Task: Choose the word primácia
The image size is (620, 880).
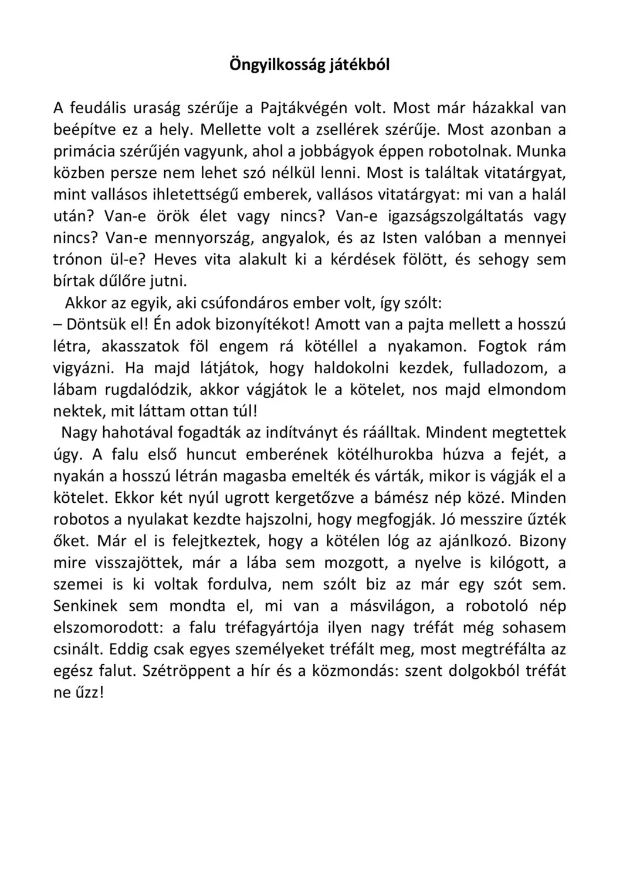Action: (x=80, y=151)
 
